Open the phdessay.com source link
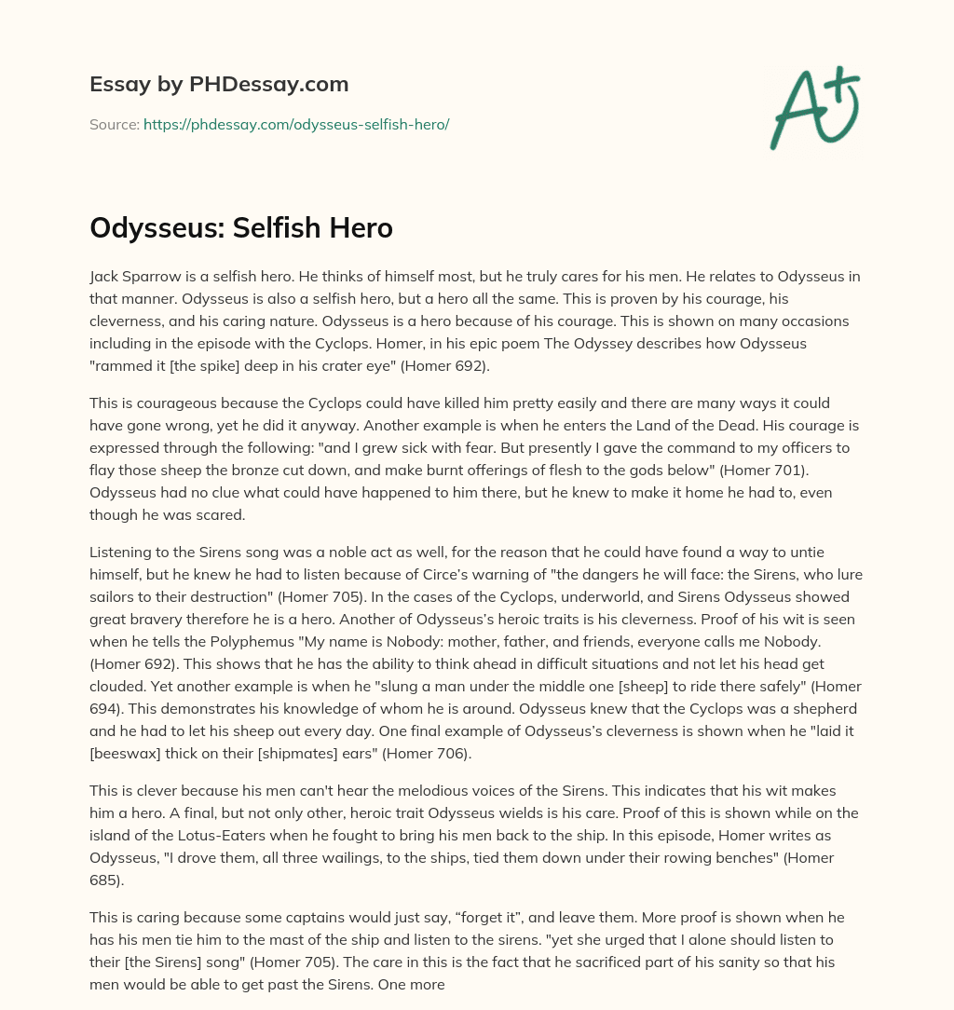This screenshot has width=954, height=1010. pyautogui.click(x=296, y=124)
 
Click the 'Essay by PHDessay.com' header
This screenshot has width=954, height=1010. pyautogui.click(x=219, y=85)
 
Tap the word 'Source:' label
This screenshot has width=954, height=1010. pyautogui.click(x=114, y=124)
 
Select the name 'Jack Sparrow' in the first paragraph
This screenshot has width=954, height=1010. pyautogui.click(x=132, y=277)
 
